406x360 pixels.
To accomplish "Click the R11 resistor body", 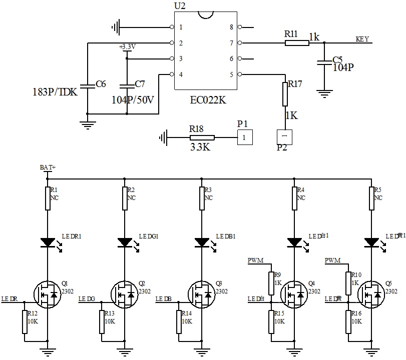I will [x=297, y=43].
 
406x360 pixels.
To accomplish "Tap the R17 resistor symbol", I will [x=285, y=93].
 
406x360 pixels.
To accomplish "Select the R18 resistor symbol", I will [x=202, y=137].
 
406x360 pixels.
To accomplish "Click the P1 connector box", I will [x=244, y=137].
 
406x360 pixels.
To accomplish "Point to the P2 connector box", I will [x=284, y=136].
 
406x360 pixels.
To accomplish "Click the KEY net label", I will [x=362, y=39].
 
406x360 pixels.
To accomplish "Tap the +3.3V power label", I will [x=127, y=47].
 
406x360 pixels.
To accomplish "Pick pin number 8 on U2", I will [x=231, y=27].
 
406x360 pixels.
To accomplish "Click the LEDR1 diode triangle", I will [x=48, y=242].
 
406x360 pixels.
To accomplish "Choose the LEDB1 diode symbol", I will [x=202, y=242].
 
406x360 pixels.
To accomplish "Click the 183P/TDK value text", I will [x=55, y=92].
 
